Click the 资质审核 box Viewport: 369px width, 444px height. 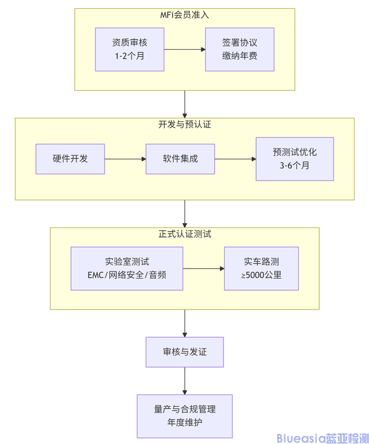[x=129, y=49]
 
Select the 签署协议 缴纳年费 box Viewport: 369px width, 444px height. [x=240, y=49]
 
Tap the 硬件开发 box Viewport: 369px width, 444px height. [x=70, y=158]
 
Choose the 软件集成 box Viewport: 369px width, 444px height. [x=180, y=158]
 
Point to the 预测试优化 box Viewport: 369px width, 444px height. [x=294, y=158]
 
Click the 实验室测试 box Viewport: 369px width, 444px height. [x=127, y=268]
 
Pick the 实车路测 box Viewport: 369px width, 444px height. [x=261, y=268]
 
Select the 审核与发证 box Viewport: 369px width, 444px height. [x=185, y=352]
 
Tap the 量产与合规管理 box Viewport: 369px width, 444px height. [x=185, y=416]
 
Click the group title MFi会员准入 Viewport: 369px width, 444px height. [x=185, y=14]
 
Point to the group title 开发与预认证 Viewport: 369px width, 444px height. [x=185, y=125]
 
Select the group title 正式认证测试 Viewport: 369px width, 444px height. [x=185, y=234]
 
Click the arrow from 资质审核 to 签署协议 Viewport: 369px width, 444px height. [x=185, y=49]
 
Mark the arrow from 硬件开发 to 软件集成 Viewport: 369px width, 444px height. [x=125, y=159]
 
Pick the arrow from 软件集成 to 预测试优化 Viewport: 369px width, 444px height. [x=235, y=159]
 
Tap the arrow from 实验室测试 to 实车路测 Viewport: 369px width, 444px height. [x=203, y=269]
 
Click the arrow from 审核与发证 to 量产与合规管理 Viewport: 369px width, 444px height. [x=185, y=380]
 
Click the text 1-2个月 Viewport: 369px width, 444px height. [x=129, y=55]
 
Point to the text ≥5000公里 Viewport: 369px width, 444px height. [x=261, y=275]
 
